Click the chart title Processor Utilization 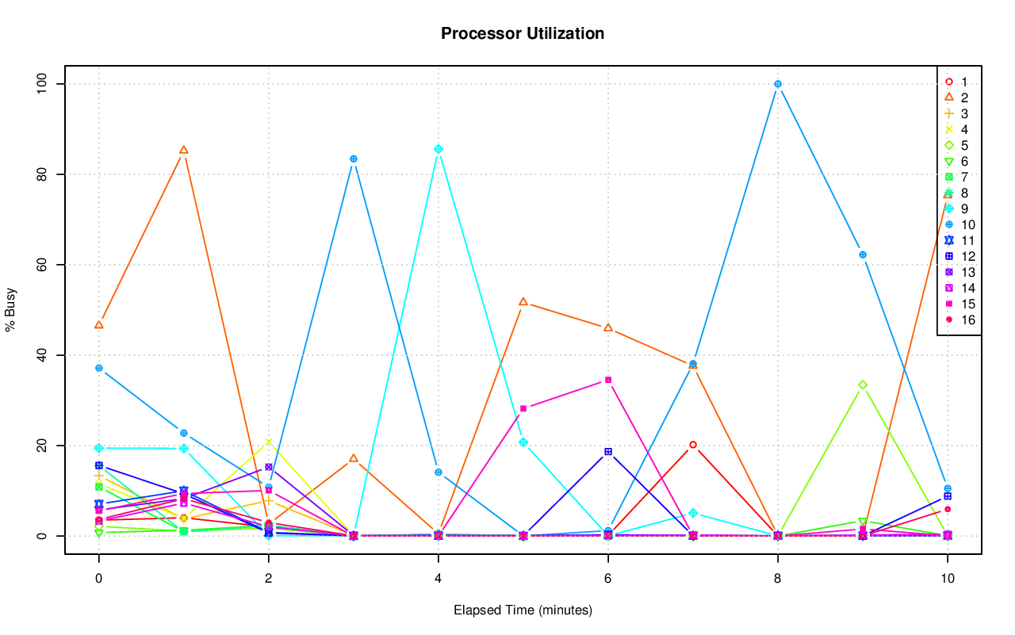(523, 33)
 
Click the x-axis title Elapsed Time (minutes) (523, 610)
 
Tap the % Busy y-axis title (11, 310)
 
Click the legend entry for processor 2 (956, 98)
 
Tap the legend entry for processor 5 (956, 145)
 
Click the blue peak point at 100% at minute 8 (777, 84)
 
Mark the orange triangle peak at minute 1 (183, 150)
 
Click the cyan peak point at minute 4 (438, 149)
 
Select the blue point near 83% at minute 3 (353, 159)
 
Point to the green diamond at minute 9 (862, 384)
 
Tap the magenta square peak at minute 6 (607, 380)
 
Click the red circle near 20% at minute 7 (692, 445)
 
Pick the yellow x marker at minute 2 (268, 442)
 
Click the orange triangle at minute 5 (523, 302)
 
